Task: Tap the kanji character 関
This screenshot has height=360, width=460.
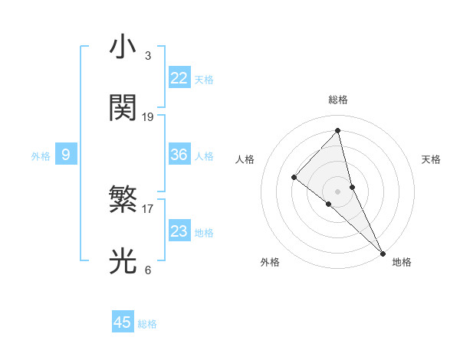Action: click(x=123, y=108)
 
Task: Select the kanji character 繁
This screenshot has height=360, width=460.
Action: click(x=123, y=201)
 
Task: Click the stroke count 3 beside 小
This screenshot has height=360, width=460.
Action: click(x=147, y=56)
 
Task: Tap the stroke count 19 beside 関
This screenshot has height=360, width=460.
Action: click(x=148, y=117)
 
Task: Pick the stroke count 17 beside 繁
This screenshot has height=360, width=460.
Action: click(x=148, y=208)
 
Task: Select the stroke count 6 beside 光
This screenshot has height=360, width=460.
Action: click(x=147, y=270)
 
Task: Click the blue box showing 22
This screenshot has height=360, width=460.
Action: click(x=179, y=78)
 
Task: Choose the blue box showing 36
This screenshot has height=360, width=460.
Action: click(x=179, y=155)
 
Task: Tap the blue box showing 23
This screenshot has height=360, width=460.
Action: click(x=179, y=231)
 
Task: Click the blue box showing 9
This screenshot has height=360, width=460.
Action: click(x=66, y=155)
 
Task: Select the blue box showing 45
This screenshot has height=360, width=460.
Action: click(x=123, y=322)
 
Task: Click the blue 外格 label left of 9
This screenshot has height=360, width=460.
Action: click(x=41, y=156)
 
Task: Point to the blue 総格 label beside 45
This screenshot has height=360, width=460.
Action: click(x=147, y=324)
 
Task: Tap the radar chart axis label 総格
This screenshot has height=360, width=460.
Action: click(x=338, y=100)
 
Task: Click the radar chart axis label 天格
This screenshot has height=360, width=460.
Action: click(x=431, y=159)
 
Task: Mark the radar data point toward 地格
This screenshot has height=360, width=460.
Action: click(x=383, y=252)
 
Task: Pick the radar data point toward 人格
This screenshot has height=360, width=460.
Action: click(x=294, y=178)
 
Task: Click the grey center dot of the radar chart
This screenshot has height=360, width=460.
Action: click(x=338, y=191)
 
